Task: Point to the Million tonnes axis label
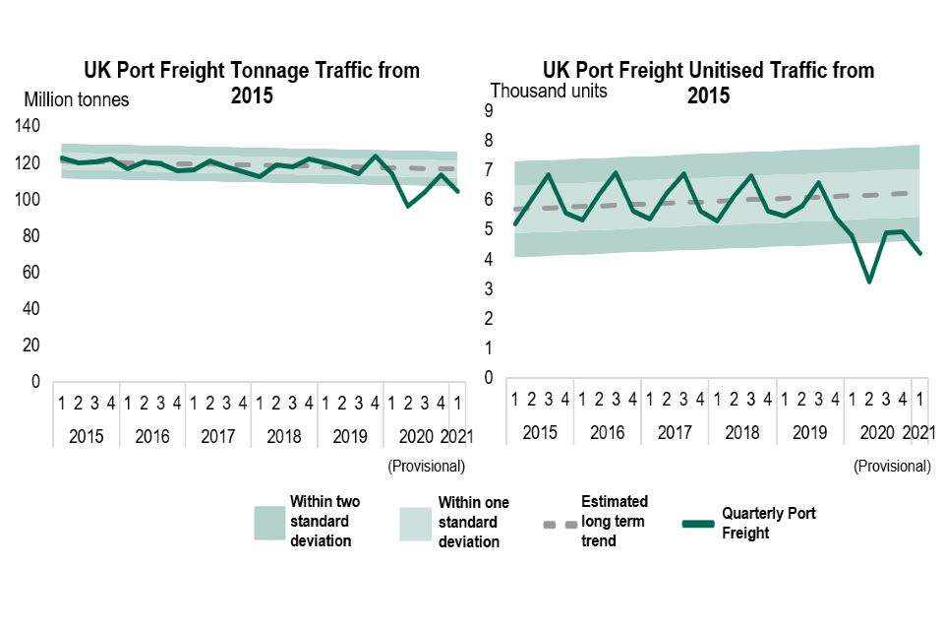(x=77, y=99)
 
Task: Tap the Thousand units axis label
(x=549, y=92)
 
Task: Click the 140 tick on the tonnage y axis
(x=28, y=126)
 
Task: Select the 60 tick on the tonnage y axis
(x=31, y=273)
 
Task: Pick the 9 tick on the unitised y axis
(x=488, y=112)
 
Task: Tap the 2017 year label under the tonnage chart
(x=218, y=434)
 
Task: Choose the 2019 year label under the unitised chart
(x=809, y=432)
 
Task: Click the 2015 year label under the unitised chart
(x=540, y=432)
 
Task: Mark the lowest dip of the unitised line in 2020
(x=869, y=282)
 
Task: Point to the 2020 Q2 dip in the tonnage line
(x=408, y=206)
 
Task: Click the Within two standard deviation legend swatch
(x=269, y=523)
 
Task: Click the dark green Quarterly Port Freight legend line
(x=698, y=523)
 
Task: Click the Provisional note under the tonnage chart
(x=426, y=465)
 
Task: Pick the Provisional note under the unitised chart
(x=892, y=465)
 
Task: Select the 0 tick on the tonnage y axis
(x=36, y=382)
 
